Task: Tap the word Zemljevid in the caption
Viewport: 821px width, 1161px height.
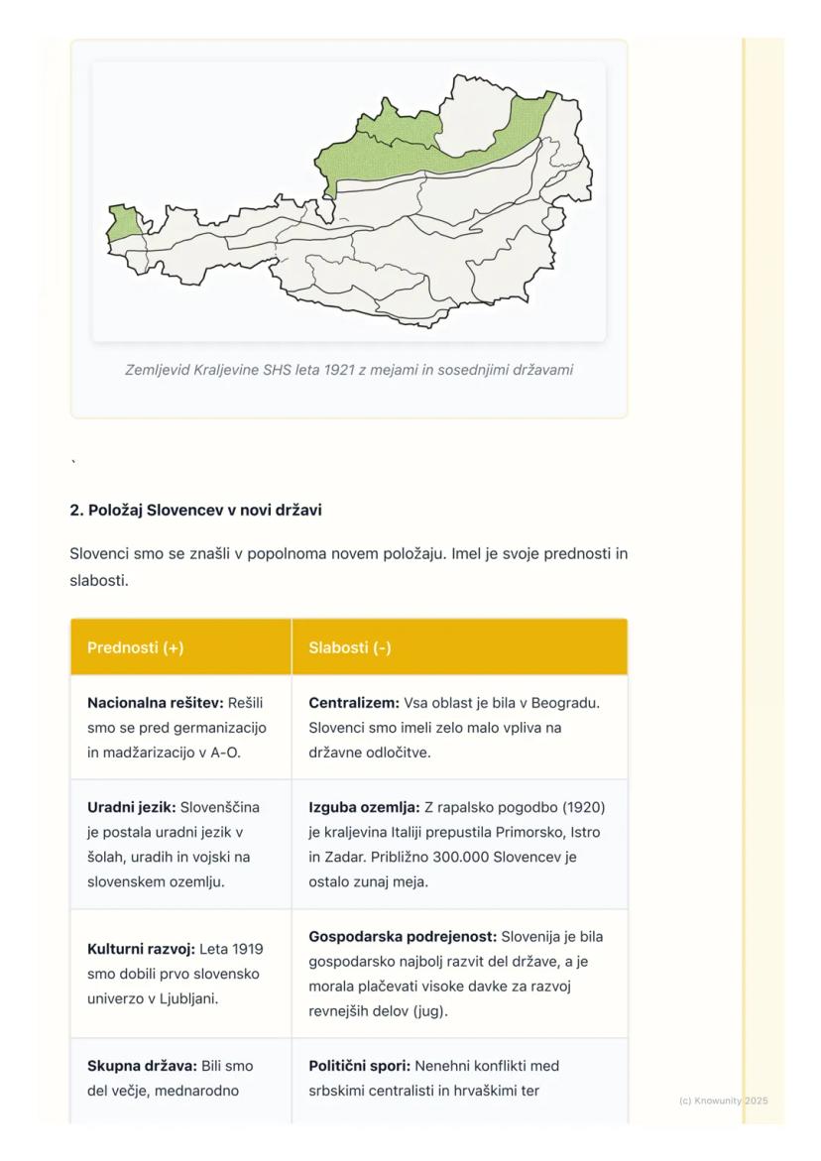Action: coord(159,370)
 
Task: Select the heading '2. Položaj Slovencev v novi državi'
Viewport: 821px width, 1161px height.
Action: coord(195,511)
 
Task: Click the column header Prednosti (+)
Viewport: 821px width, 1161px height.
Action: coord(136,647)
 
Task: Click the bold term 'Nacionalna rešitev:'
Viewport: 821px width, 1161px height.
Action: coord(155,703)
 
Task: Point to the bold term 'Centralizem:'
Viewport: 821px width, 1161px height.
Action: coord(354,703)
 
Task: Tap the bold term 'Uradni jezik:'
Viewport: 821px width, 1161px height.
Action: coord(132,807)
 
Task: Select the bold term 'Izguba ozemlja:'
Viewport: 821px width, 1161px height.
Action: coord(364,807)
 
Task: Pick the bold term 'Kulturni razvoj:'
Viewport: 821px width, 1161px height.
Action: coord(142,949)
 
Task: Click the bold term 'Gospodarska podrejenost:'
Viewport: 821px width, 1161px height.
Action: coord(403,937)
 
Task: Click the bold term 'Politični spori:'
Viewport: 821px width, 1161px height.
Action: coord(360,1066)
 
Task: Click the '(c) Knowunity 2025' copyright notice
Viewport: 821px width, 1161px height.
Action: coord(724,1101)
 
